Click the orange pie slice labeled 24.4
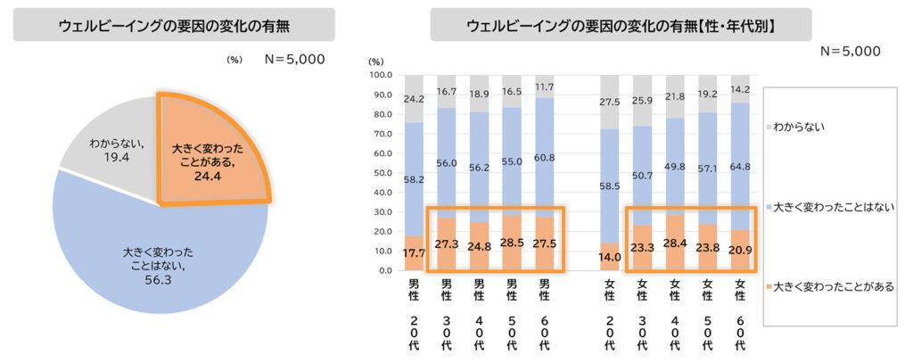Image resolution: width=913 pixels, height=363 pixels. click(207, 154)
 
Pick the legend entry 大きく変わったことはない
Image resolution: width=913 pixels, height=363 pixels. click(829, 206)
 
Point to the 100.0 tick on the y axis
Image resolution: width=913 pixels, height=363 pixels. click(380, 76)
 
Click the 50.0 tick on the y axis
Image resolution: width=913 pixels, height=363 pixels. click(382, 173)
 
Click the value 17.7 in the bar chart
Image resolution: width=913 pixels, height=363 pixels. click(414, 252)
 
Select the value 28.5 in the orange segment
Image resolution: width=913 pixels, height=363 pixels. click(512, 243)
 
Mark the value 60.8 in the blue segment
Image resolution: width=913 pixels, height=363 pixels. click(544, 157)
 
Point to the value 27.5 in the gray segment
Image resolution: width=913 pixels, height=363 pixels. click(609, 103)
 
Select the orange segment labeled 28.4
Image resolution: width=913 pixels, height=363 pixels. click(674, 243)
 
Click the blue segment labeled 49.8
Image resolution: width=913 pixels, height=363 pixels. click(674, 166)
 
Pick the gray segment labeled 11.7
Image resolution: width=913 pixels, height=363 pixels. click(544, 87)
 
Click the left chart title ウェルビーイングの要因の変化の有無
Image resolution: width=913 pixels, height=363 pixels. click(174, 25)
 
